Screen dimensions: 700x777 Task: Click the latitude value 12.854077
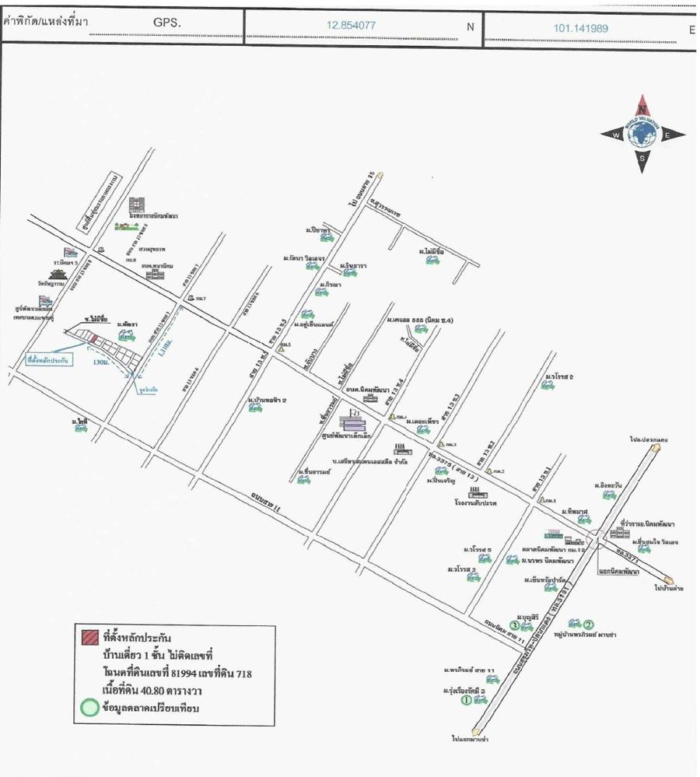pos(351,25)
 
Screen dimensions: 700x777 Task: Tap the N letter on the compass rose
pos(642,109)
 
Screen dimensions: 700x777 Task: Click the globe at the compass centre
pos(642,135)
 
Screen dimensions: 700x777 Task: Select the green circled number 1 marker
pos(467,699)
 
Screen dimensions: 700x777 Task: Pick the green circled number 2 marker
pos(589,624)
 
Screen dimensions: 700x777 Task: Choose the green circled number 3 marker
pos(514,625)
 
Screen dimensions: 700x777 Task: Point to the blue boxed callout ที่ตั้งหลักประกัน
pos(48,361)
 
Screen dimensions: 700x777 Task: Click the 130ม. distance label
pos(100,362)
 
